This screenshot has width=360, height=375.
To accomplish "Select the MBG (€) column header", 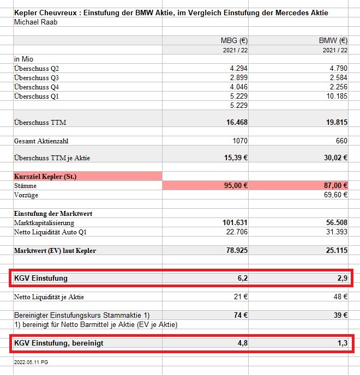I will [232, 40].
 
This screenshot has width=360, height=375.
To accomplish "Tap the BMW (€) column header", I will [333, 40].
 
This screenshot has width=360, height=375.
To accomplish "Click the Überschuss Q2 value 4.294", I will [237, 69].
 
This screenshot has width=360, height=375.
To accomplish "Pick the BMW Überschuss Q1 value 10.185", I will [335, 96].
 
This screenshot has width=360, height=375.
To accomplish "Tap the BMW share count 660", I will [341, 141].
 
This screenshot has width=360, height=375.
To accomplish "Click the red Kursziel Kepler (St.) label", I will [45, 176].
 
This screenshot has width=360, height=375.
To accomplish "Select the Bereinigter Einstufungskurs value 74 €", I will [239, 316].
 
